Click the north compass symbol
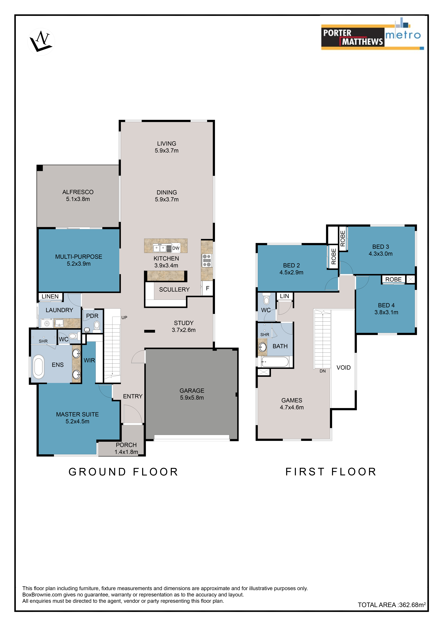tap(41, 42)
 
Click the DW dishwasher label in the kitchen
tap(176, 248)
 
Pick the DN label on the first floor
tap(323, 371)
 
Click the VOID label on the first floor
tap(343, 368)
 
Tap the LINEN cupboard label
tap(50, 296)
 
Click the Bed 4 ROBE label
tap(393, 279)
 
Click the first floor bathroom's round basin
tap(262, 347)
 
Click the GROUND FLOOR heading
tap(123, 472)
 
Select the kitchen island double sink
tap(160, 248)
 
